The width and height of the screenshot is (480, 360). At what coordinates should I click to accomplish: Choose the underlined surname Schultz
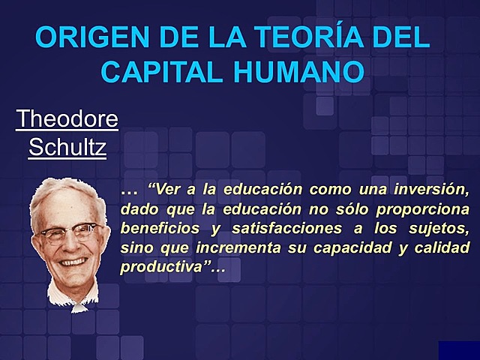[x=67, y=147]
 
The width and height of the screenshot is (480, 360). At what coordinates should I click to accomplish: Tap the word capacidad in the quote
[x=359, y=247]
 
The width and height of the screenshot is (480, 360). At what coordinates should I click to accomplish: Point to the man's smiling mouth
[x=73, y=262]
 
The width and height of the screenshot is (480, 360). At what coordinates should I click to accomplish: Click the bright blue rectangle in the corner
[x=459, y=350]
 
